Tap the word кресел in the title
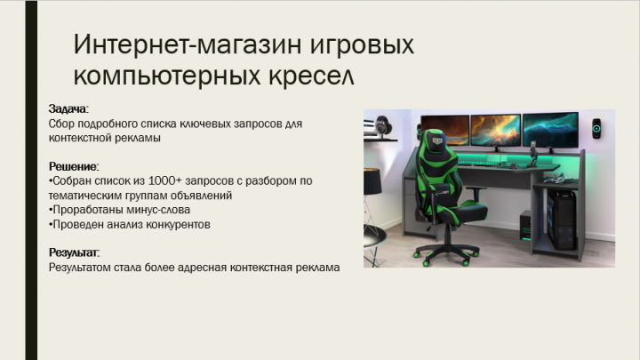point(310,75)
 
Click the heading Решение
point(74,166)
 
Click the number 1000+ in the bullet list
point(157,180)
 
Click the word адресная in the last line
point(206,267)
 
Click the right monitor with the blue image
point(551,130)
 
